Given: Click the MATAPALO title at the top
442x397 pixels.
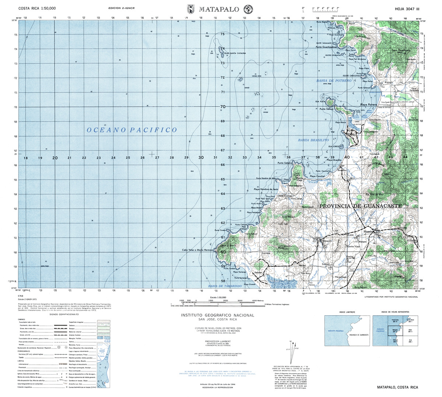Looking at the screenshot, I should click(x=219, y=9).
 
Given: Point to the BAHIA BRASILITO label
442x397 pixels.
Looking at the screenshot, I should click(x=313, y=140).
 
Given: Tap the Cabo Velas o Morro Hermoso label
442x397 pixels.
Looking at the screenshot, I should click(x=198, y=250).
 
